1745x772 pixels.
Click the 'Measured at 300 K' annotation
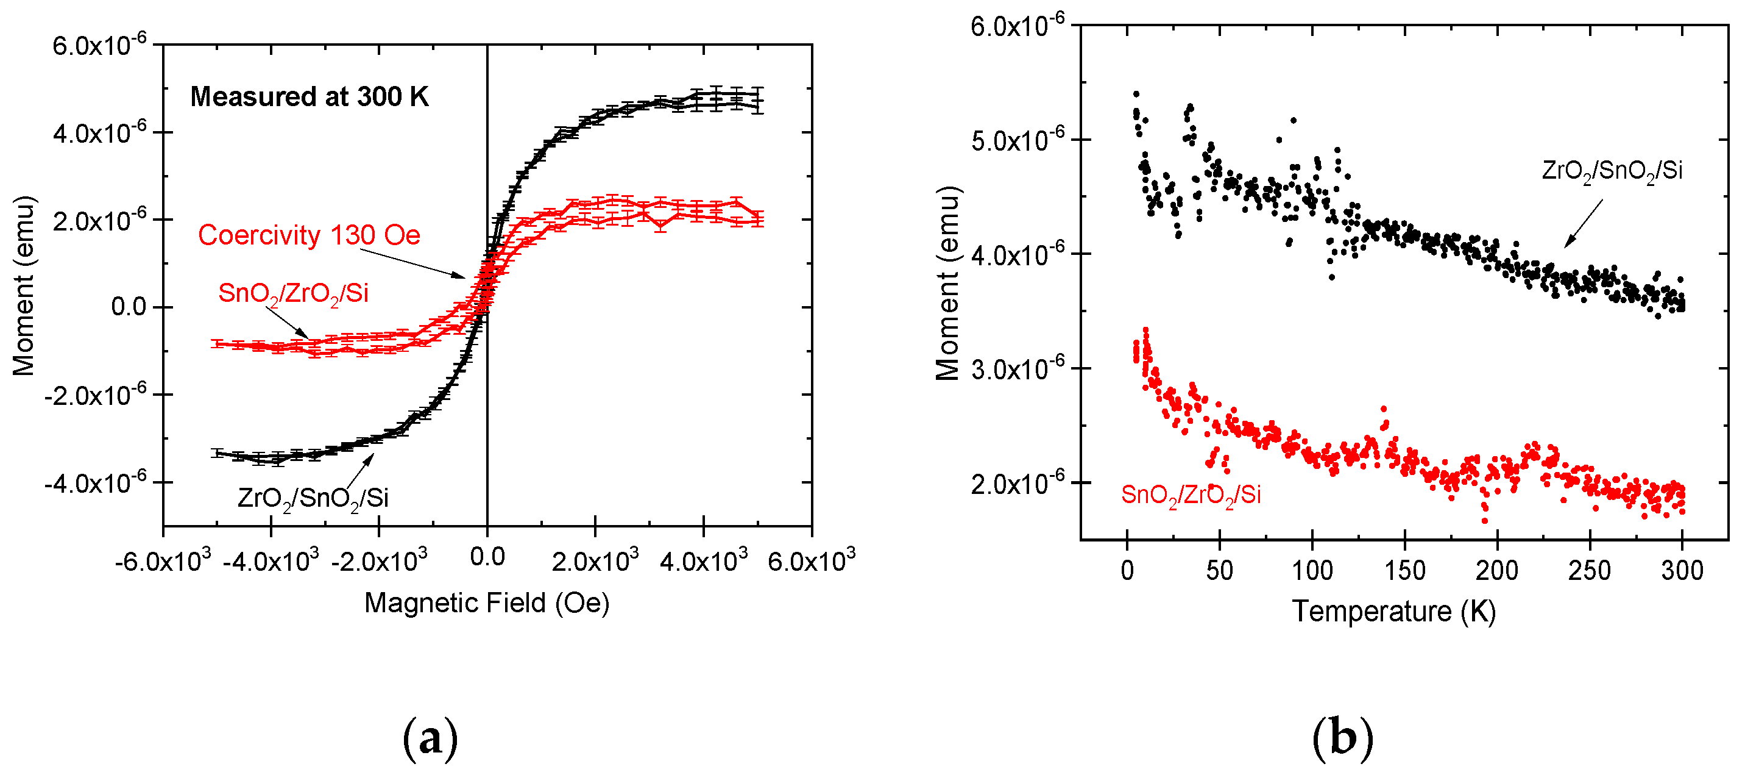click(x=309, y=97)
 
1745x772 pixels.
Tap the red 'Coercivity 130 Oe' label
click(x=309, y=235)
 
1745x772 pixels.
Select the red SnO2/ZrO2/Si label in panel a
click(x=293, y=293)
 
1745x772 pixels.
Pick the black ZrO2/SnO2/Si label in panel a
click(x=313, y=498)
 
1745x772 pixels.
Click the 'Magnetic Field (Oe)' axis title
click(x=486, y=602)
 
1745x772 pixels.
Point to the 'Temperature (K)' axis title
click(x=1393, y=612)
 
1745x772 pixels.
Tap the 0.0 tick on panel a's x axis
click(x=487, y=557)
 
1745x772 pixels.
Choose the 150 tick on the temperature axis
click(x=1404, y=571)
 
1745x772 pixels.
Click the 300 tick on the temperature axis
click(x=1681, y=571)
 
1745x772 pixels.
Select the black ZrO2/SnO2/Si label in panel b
click(x=1612, y=171)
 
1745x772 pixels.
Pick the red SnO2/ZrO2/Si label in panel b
click(x=1190, y=495)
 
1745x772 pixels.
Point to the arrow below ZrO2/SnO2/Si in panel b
click(x=1583, y=224)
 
